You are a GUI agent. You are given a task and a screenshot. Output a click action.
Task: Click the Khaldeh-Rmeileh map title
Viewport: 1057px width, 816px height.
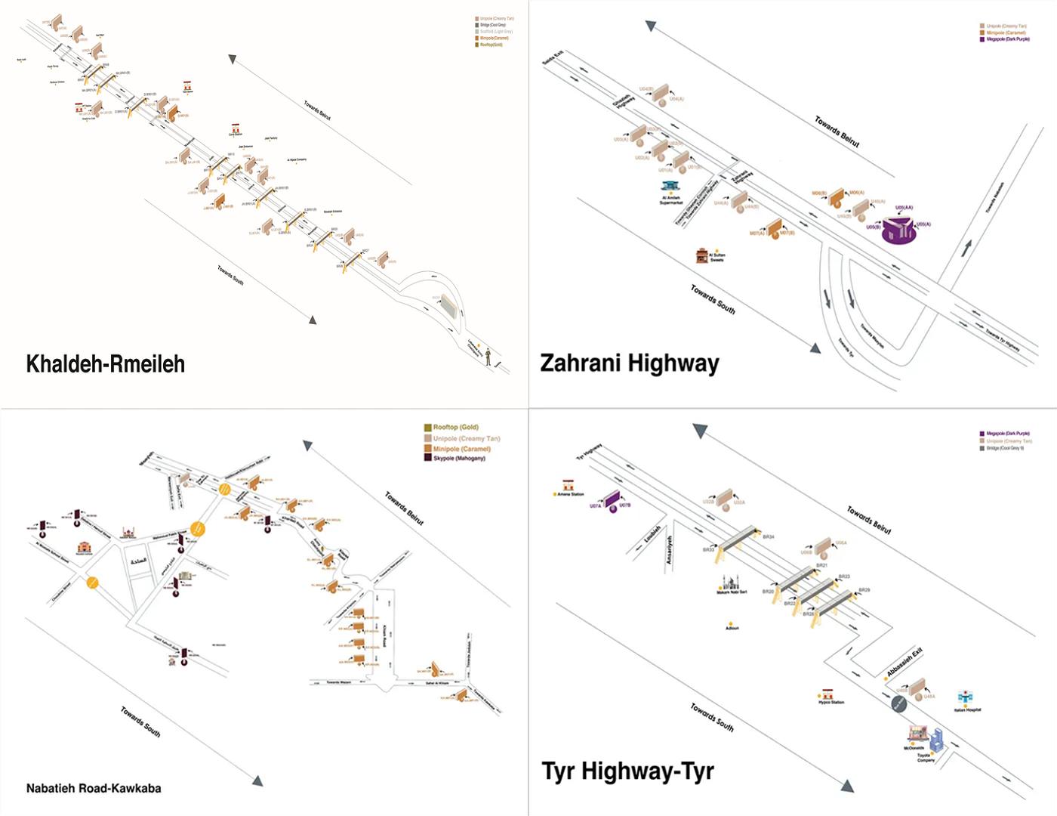tap(105, 364)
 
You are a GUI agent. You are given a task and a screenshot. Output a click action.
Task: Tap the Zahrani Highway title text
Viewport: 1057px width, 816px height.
tap(629, 363)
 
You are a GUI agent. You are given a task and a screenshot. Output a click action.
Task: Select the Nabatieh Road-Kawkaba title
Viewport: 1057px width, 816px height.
tap(94, 788)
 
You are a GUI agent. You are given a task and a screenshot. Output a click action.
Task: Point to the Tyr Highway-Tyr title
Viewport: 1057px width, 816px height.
tap(627, 771)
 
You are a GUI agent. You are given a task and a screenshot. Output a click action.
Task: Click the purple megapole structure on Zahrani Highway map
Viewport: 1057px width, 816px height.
tap(899, 230)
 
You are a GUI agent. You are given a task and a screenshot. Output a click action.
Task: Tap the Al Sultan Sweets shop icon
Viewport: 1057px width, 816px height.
tap(703, 255)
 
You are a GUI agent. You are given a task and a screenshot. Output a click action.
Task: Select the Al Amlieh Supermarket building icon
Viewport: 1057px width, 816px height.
tap(670, 186)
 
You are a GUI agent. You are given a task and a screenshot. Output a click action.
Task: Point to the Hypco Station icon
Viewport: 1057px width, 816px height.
tap(827, 694)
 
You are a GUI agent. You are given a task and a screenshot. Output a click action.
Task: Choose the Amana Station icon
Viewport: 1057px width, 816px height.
tap(569, 485)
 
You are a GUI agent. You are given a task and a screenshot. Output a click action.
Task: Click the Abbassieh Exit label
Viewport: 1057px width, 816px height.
tap(904, 662)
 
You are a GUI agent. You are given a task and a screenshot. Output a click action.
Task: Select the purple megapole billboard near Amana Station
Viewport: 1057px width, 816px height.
tap(612, 501)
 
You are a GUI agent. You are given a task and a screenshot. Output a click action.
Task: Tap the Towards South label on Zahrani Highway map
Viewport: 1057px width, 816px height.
tap(713, 299)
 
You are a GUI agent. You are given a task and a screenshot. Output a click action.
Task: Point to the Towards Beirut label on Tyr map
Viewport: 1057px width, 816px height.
tap(868, 521)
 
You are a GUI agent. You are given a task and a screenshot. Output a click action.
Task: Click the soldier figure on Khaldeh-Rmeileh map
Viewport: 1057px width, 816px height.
tap(488, 356)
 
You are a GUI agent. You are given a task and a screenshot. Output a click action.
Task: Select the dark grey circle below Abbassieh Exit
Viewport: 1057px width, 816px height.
tap(898, 704)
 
